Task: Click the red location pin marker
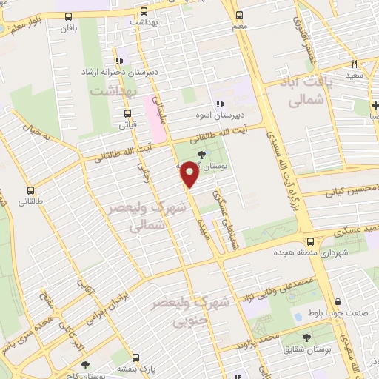pyautogui.click(x=190, y=175)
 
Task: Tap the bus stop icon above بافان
pyautogui.click(x=69, y=16)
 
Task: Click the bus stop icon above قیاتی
pyautogui.click(x=127, y=114)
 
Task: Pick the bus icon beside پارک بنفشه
pyautogui.click(x=86, y=366)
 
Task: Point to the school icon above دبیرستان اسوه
pyautogui.click(x=218, y=104)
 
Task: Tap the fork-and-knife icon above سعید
pyautogui.click(x=355, y=64)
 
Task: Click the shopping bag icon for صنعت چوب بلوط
pyautogui.click(x=338, y=301)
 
